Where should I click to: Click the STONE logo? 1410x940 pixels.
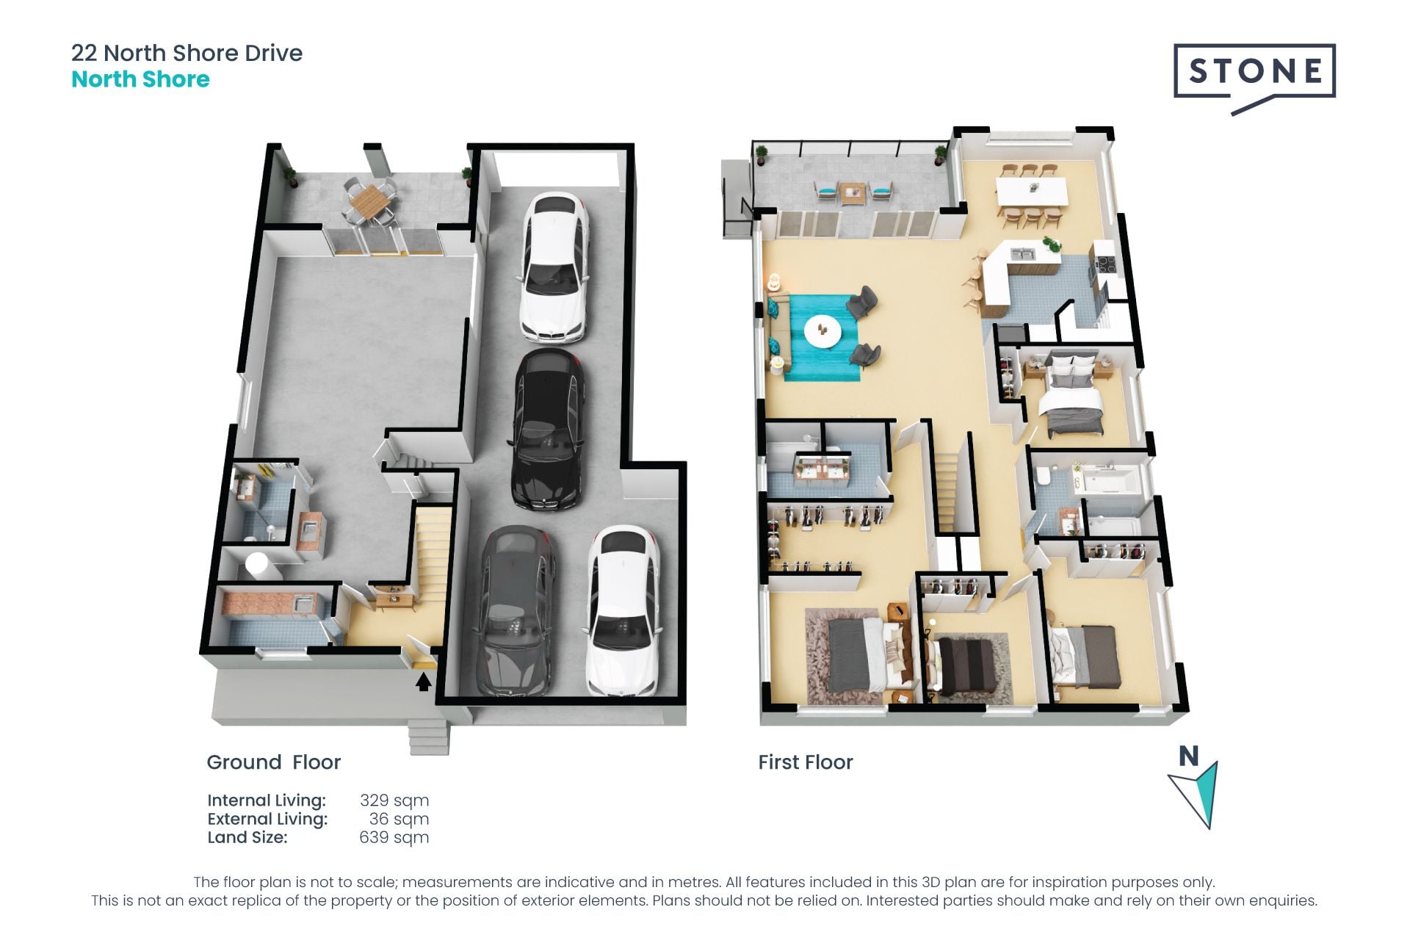1254,77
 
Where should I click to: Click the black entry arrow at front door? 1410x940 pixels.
423,683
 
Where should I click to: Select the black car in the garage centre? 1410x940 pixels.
548,429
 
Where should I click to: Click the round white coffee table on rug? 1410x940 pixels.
822,330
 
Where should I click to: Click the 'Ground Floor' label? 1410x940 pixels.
274,762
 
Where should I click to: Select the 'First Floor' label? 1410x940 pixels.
806,762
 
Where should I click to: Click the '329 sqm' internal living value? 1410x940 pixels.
394,800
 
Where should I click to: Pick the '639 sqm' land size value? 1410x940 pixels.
394,837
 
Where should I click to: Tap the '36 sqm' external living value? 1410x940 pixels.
399,819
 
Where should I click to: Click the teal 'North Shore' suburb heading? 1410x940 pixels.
140,79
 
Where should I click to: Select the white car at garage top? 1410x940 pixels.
554,267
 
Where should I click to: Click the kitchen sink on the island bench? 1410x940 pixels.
1023,254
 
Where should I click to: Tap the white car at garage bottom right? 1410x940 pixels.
622,610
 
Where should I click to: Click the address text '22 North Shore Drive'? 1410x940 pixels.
187,53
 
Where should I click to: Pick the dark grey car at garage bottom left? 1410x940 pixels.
515,611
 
